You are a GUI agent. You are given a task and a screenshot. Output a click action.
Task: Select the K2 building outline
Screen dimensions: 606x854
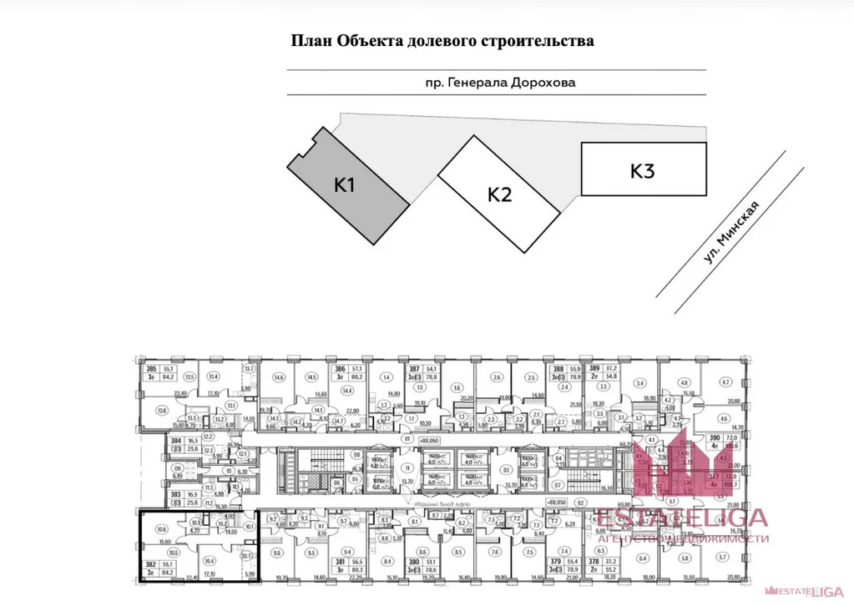click(499, 194)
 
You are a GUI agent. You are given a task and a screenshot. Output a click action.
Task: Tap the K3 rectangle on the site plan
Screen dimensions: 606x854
click(643, 170)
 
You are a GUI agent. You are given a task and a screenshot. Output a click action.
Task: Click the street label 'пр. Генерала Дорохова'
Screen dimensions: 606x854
click(499, 83)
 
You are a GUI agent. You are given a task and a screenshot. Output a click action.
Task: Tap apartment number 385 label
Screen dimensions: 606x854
click(151, 369)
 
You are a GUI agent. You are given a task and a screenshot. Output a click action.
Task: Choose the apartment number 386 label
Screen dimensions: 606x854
click(341, 369)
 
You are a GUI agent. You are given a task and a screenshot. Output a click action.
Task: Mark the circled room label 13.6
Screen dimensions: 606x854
click(162, 410)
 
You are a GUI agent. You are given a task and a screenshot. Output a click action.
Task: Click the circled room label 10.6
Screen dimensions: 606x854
click(162, 529)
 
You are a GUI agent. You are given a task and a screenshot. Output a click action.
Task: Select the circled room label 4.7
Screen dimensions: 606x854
click(725, 381)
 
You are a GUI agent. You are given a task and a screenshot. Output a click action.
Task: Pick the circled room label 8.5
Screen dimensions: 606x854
click(457, 552)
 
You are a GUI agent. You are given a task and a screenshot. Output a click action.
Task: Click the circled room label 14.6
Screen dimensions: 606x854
click(279, 377)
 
